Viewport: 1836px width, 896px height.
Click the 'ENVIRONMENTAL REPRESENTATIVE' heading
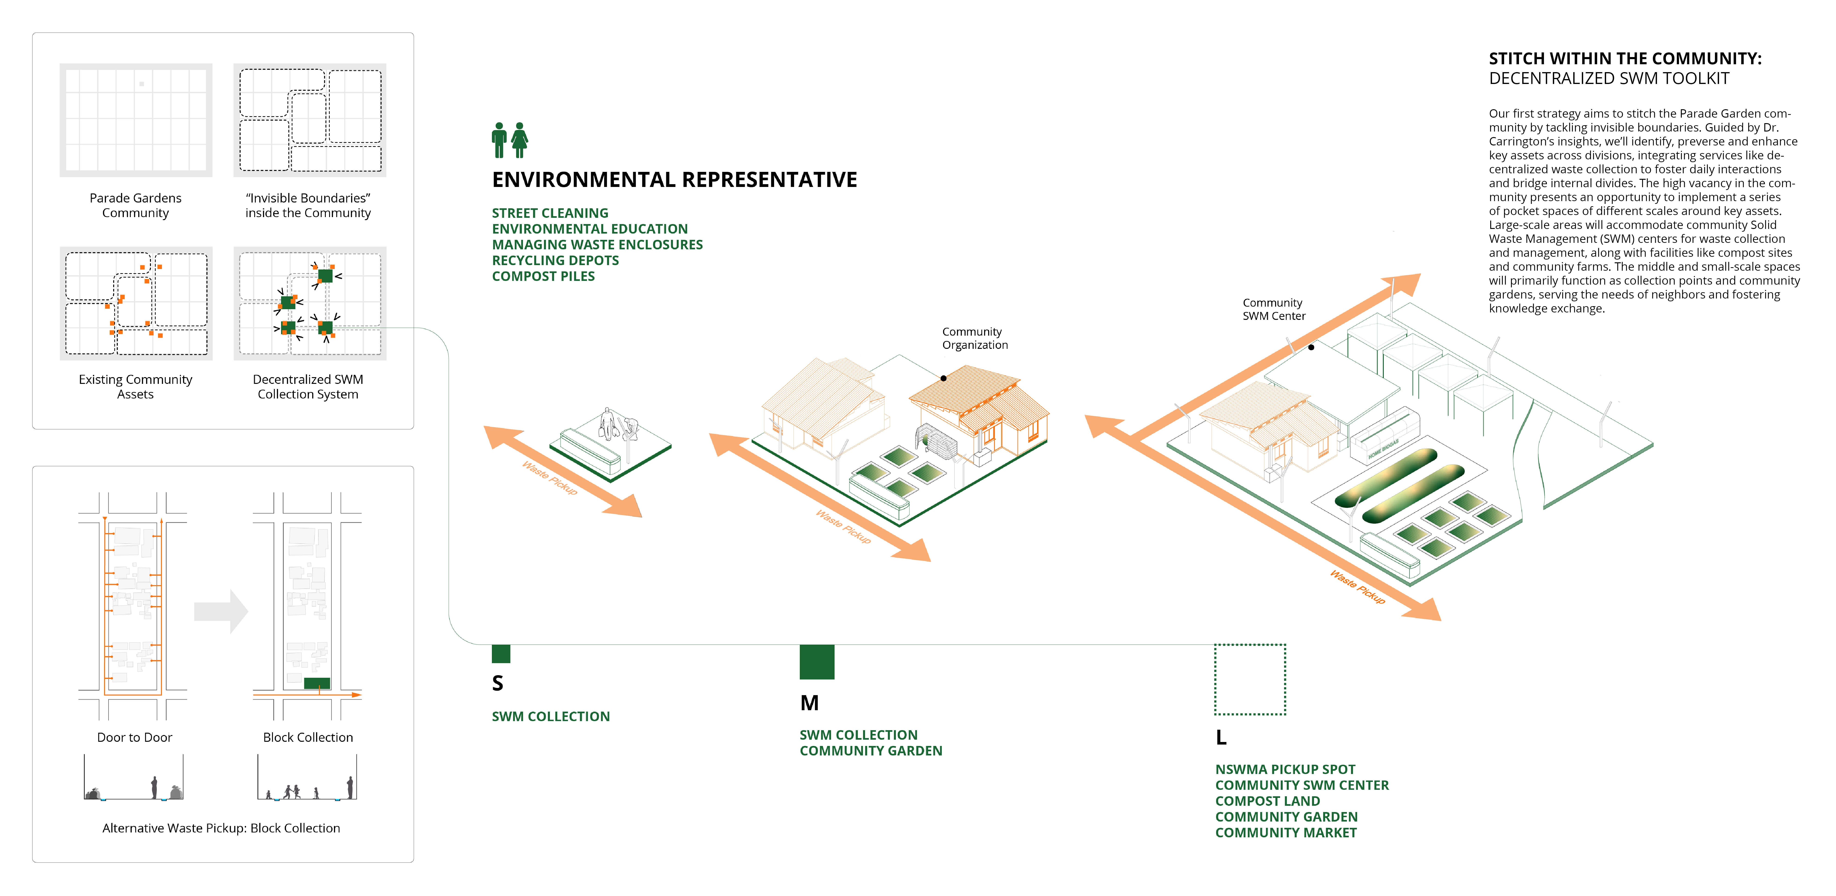(x=674, y=180)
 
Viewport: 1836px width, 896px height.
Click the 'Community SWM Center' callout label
(x=1274, y=309)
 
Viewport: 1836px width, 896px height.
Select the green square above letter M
(x=817, y=662)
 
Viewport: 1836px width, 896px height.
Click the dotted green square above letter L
(x=1250, y=679)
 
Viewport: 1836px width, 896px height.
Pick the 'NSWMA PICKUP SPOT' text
(x=1285, y=769)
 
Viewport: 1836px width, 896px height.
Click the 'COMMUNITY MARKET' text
(x=1286, y=832)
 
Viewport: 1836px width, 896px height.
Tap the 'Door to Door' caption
(x=135, y=737)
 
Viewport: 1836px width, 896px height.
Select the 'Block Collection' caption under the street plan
(x=308, y=737)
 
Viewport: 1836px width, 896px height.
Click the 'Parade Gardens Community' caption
(x=135, y=205)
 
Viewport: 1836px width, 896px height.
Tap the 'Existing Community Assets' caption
(x=135, y=386)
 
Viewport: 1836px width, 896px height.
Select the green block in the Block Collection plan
(x=317, y=683)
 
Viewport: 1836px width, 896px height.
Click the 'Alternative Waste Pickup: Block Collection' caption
(x=221, y=828)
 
